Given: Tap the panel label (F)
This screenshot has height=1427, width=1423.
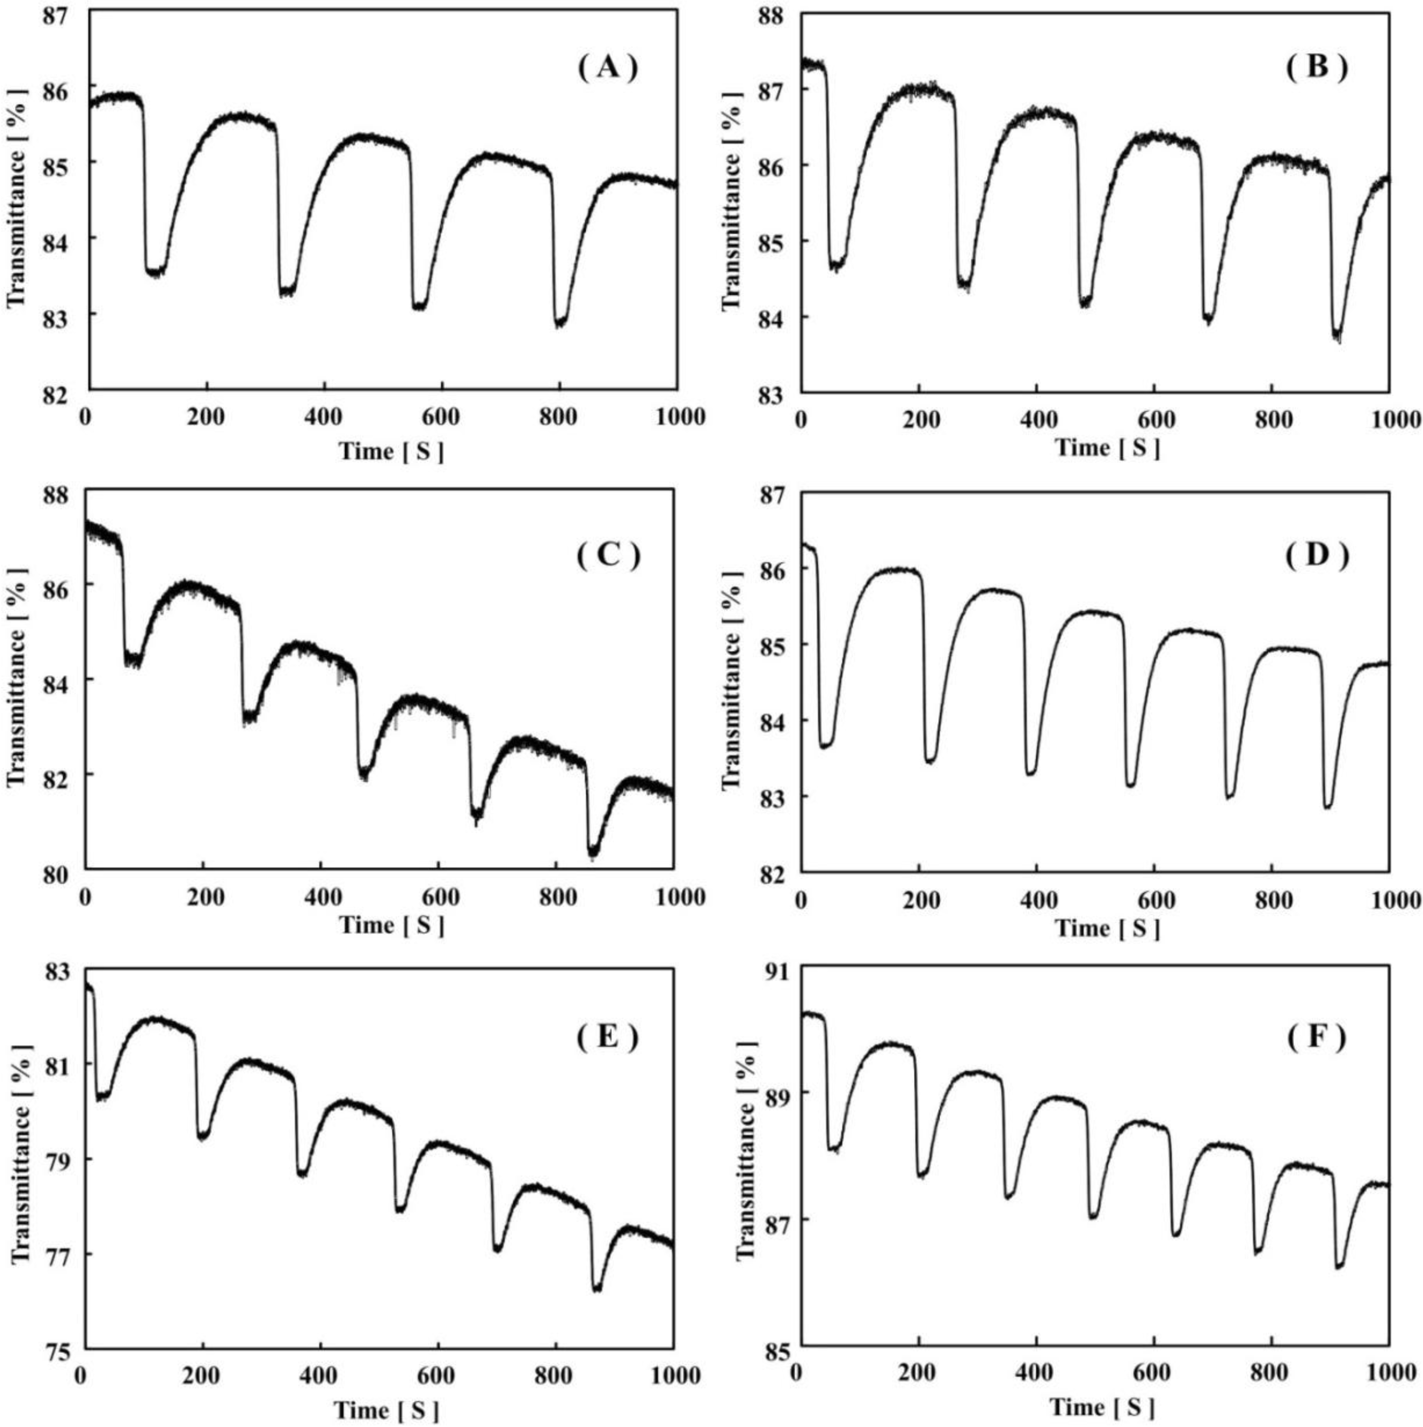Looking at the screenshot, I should pyautogui.click(x=1317, y=1039).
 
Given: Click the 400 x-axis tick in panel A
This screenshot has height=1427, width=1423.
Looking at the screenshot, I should pyautogui.click(x=323, y=417).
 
